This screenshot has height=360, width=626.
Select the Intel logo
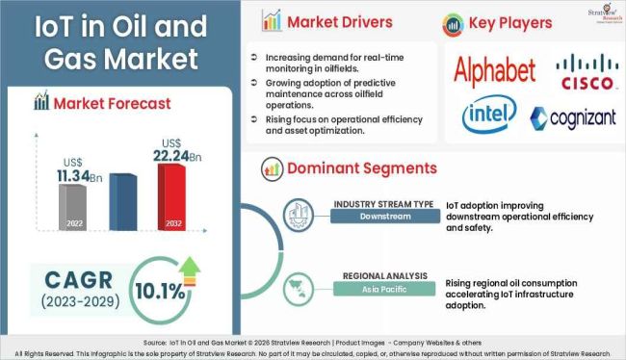[488, 115]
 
